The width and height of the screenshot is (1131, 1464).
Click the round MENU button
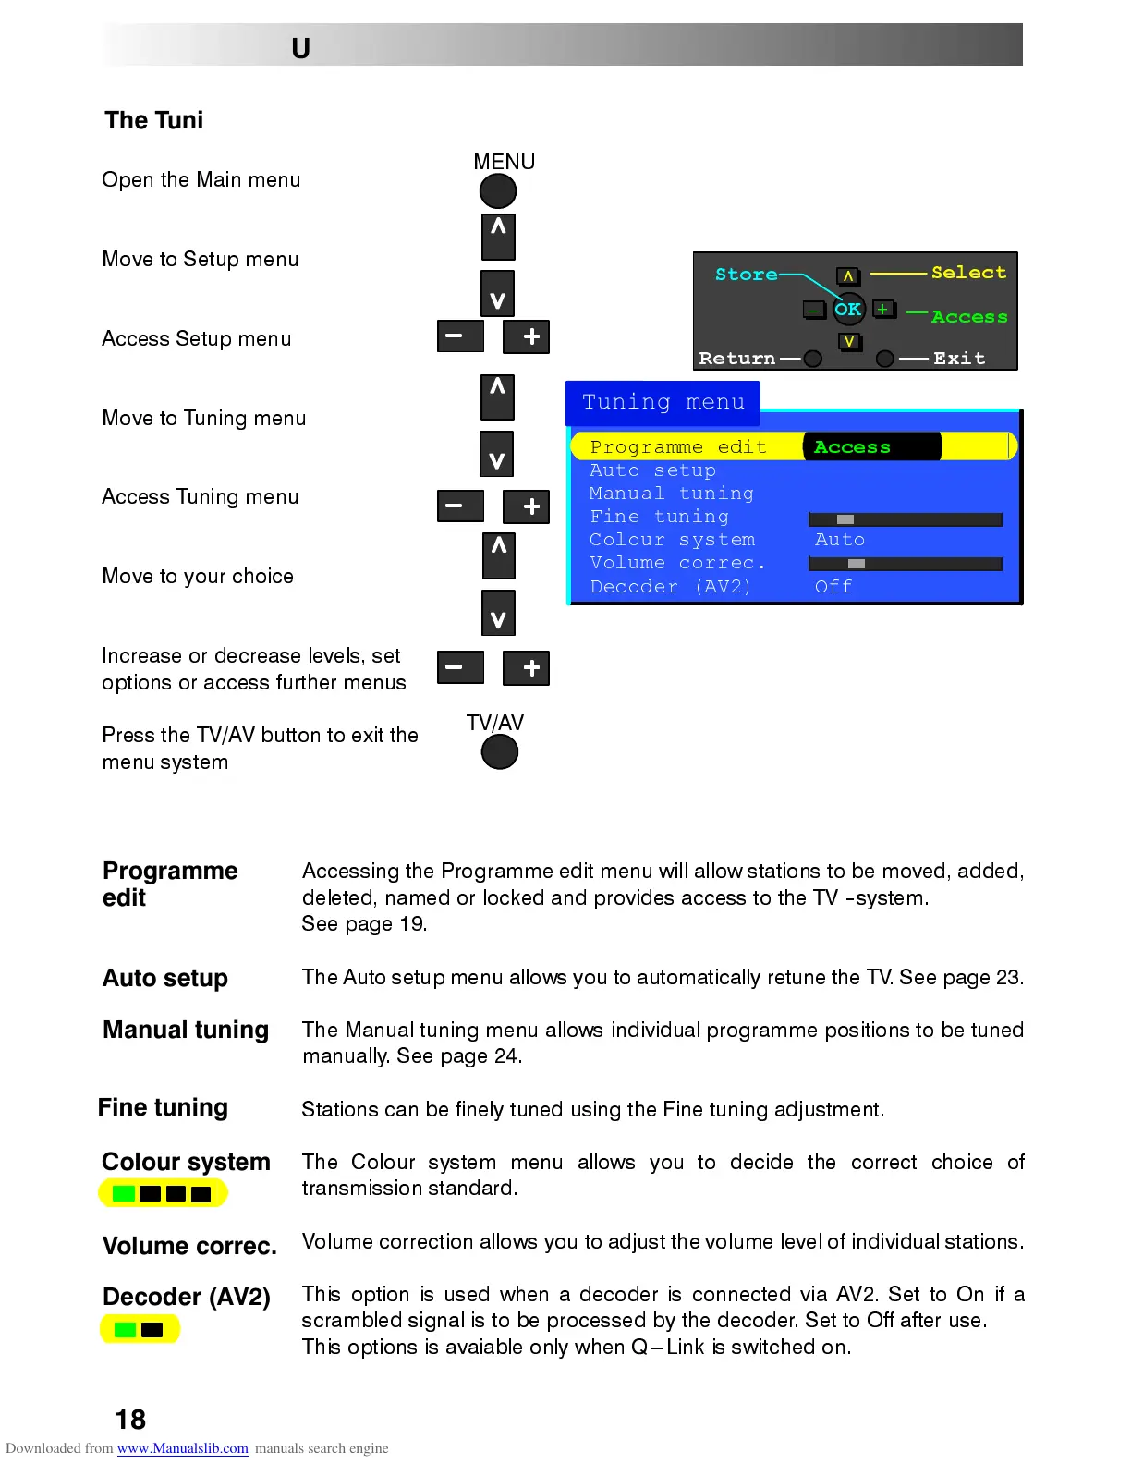tap(498, 191)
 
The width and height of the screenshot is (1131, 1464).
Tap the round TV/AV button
tap(500, 752)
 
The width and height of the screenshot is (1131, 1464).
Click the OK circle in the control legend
tap(848, 310)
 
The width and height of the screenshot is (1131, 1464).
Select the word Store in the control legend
tap(746, 274)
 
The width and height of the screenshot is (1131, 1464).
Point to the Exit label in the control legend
tap(959, 359)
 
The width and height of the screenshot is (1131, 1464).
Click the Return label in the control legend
tap(736, 359)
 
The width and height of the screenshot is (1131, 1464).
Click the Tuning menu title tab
tap(663, 402)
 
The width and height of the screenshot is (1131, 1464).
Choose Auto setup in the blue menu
tap(652, 470)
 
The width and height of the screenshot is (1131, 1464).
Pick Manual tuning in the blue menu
tap(671, 494)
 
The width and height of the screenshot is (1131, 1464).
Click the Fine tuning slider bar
tap(905, 519)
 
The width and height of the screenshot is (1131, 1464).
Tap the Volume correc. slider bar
tap(905, 564)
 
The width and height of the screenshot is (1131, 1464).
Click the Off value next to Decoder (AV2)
tap(833, 587)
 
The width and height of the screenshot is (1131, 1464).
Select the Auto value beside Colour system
tap(839, 540)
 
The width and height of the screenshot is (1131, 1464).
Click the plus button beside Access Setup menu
tap(527, 336)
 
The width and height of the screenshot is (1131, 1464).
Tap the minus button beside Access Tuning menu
tap(460, 506)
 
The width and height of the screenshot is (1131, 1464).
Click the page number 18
tap(130, 1420)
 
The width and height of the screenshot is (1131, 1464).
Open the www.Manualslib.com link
tap(182, 1448)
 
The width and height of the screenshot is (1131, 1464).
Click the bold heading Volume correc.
tap(189, 1246)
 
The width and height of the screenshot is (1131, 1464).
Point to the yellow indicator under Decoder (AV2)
tap(140, 1330)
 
